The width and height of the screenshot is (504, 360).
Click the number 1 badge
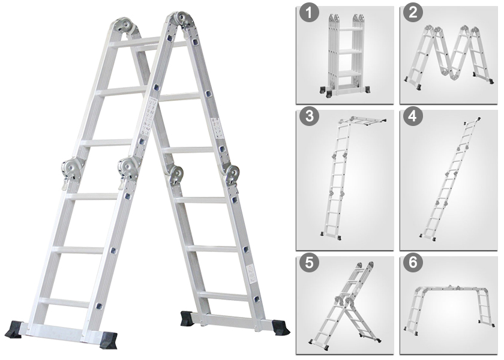309,14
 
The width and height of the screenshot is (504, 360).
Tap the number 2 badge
413,14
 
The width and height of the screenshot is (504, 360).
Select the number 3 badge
309,116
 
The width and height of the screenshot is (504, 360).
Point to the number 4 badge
413,116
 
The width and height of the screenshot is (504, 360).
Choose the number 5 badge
309,263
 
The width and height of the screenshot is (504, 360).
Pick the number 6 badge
413,263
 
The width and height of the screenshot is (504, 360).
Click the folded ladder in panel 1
346,55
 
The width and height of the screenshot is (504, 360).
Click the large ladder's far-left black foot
16,329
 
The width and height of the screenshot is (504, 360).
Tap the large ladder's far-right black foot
280,328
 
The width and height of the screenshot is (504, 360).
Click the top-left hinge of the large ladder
125,26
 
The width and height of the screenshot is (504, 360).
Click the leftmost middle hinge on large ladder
71,170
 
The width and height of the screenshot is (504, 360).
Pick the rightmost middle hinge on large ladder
232,175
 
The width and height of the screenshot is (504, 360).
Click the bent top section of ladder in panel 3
362,121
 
